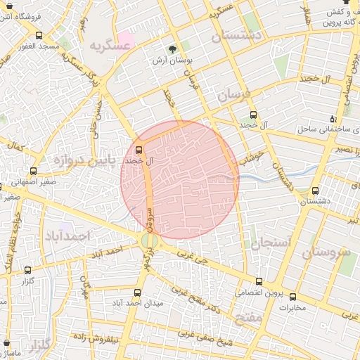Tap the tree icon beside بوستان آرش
172,49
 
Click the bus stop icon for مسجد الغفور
39,35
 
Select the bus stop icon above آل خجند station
139,150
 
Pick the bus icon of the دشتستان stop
314,190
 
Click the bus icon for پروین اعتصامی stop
259,281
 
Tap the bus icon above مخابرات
292,296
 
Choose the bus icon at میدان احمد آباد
139,292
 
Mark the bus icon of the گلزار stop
28,269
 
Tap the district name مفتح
251,319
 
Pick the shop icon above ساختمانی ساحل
342,118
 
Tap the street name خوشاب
250,157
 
